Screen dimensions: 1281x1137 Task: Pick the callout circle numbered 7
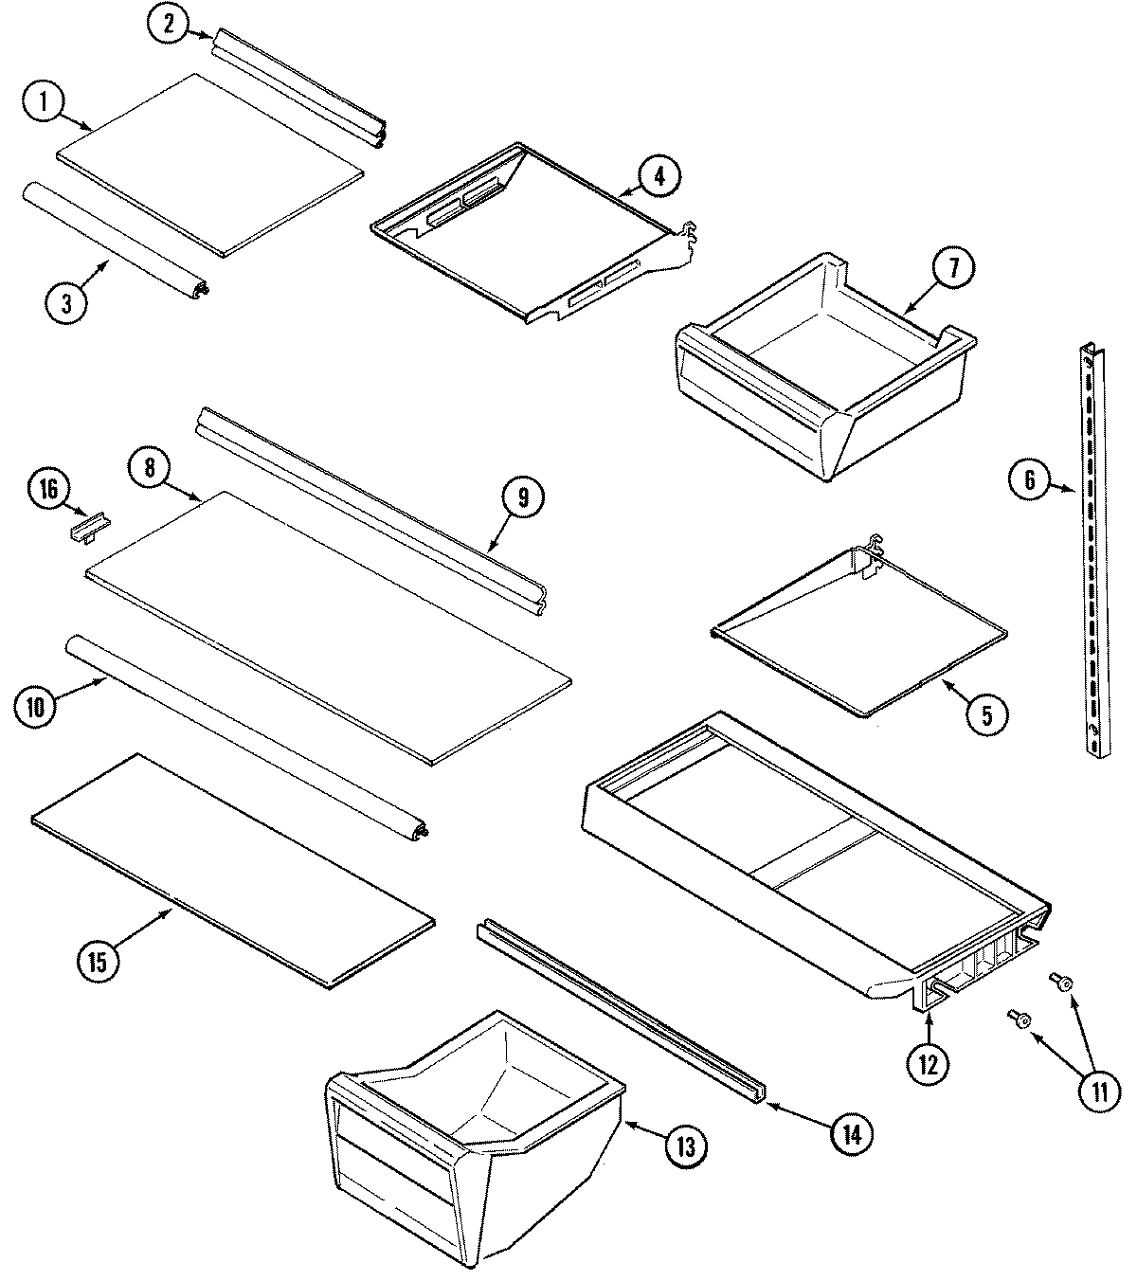[x=954, y=269]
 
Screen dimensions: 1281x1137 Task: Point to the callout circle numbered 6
[x=1030, y=482]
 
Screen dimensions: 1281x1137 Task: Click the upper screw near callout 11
[x=1061, y=983]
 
